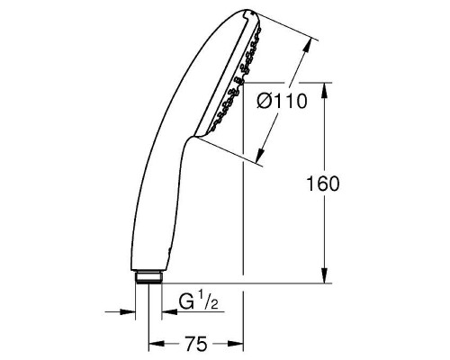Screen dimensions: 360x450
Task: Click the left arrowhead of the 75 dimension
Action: (154, 343)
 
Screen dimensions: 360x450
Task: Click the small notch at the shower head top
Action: (251, 15)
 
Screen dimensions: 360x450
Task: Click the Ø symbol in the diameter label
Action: (262, 102)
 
